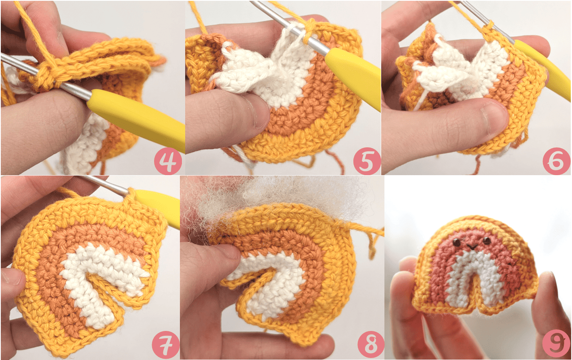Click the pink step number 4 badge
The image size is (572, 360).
(x=168, y=161)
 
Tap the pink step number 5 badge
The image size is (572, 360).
(x=367, y=161)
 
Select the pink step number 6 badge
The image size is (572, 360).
(x=556, y=161)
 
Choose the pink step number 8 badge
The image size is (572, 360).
(x=371, y=345)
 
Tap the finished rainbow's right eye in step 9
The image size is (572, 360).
(x=487, y=240)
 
